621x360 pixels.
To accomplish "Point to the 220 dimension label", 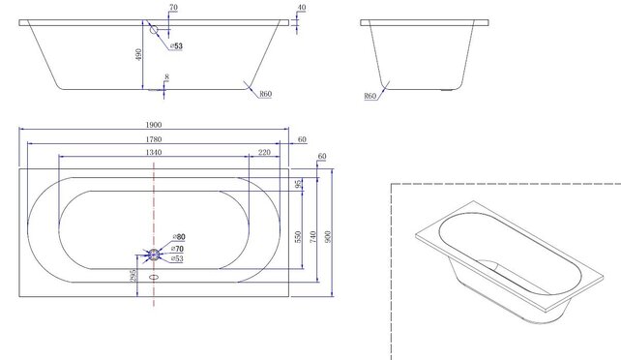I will coord(264,152).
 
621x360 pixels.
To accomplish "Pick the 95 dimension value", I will coord(299,184).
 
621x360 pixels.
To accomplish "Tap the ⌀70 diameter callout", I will coord(178,249).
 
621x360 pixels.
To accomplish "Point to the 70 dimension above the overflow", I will coord(172,8).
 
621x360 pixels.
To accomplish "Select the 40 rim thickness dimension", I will coord(301,8).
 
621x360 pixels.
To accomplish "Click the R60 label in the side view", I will coord(370,96).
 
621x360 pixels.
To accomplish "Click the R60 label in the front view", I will coord(264,94).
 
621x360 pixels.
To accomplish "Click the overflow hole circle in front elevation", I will coord(154,30).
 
